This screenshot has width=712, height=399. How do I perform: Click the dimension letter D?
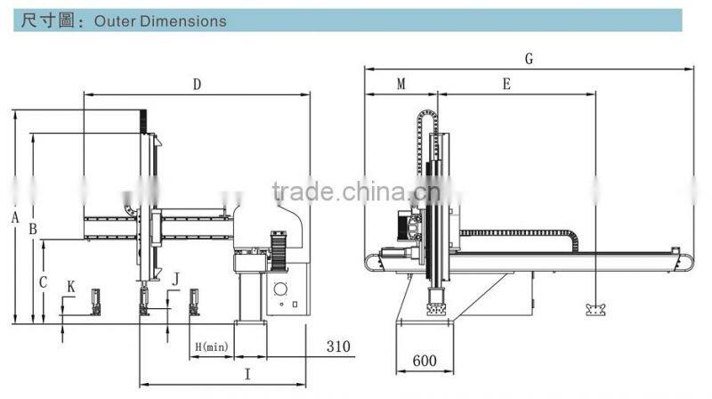pos(197,85)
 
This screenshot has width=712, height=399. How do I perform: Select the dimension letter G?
pos(529,59)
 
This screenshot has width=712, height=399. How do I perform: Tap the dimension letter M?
pos(401,84)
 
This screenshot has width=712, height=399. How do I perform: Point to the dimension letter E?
pos(506,84)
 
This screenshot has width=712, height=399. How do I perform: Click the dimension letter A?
pos(15,217)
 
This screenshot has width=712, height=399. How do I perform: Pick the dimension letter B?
pos(33,229)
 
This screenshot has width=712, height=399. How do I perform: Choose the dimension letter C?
pos(43,282)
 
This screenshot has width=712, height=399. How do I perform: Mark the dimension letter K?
pos(71,287)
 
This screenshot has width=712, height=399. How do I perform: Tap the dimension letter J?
pos(175,279)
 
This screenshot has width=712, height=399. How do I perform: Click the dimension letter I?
pos(247,374)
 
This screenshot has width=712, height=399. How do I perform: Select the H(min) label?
pos(212,347)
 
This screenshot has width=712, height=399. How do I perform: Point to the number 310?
pos(338,346)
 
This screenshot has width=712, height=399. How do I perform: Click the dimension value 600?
pos(425,361)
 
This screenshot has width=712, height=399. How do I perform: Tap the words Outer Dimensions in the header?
pos(160,21)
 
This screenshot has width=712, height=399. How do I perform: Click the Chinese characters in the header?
pos(48,20)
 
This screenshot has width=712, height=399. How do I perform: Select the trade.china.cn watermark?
pos(357,191)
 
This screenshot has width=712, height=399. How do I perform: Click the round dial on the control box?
pos(280,289)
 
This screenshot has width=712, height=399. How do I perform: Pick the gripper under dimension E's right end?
pos(595,310)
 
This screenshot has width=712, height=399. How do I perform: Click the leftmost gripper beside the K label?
pos(96,302)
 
